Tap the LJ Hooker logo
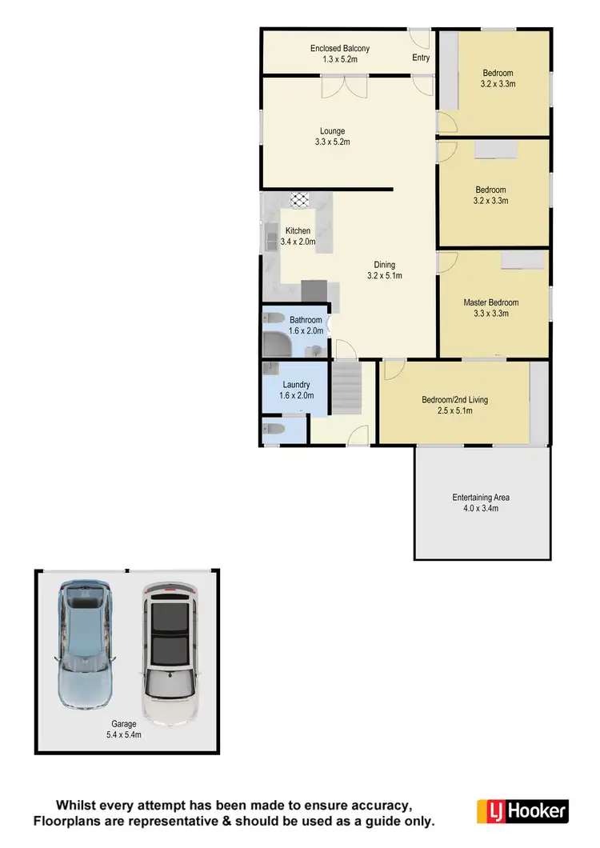click(x=522, y=810)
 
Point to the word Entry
click(x=421, y=58)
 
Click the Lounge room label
click(x=332, y=131)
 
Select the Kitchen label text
click(x=298, y=231)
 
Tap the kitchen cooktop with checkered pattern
click(x=300, y=200)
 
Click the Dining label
click(x=385, y=265)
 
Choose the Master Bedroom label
click(x=491, y=302)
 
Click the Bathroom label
click(x=306, y=320)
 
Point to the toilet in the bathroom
click(x=272, y=317)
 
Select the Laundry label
click(x=296, y=384)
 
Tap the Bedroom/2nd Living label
click(x=454, y=400)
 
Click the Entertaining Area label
click(x=481, y=498)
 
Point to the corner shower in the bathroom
click(x=277, y=344)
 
